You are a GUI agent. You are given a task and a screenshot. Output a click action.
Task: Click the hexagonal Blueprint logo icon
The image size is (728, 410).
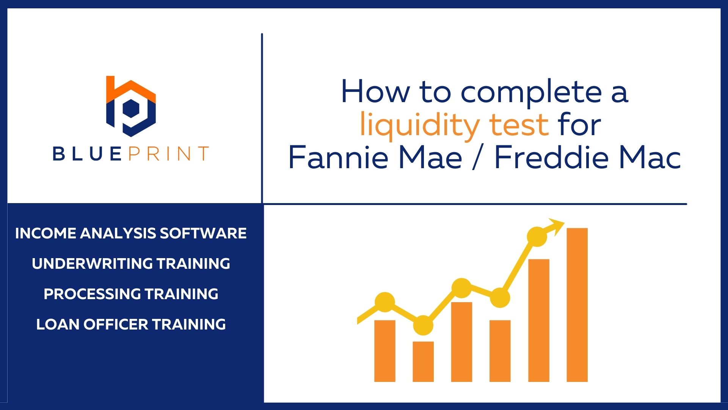click(x=131, y=107)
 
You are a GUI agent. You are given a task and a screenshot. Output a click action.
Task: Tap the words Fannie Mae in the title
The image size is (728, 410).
click(x=375, y=157)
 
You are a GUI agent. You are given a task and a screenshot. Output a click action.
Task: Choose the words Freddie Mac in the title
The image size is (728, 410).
click(x=588, y=157)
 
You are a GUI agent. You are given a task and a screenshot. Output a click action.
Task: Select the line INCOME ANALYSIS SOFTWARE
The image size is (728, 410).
click(x=131, y=233)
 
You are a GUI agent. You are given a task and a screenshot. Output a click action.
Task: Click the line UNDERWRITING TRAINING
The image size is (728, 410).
click(x=131, y=263)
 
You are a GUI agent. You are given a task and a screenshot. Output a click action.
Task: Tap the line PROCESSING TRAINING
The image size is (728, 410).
click(x=131, y=294)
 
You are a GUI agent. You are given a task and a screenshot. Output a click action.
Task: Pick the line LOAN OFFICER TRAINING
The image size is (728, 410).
click(x=131, y=324)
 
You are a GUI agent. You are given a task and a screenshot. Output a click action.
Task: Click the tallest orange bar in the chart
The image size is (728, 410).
click(x=577, y=305)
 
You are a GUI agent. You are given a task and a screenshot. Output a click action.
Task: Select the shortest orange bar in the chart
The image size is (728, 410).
click(x=423, y=361)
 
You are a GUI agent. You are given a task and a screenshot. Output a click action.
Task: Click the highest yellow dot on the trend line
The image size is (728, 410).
click(x=537, y=237)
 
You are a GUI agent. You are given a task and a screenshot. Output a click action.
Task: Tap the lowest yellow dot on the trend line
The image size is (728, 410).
click(x=423, y=325)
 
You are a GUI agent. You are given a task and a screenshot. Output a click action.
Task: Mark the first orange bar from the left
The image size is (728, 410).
click(x=385, y=351)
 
